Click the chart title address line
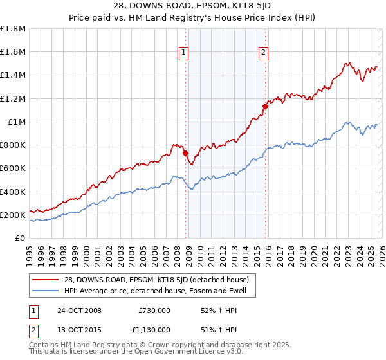pyautogui.click(x=193, y=8)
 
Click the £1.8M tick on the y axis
pyautogui.click(x=13, y=29)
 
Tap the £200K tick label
pyautogui.click(x=13, y=215)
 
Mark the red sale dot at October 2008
pyautogui.click(x=185, y=154)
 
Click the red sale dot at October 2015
pyautogui.click(x=264, y=107)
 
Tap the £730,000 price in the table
pyautogui.click(x=154, y=310)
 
